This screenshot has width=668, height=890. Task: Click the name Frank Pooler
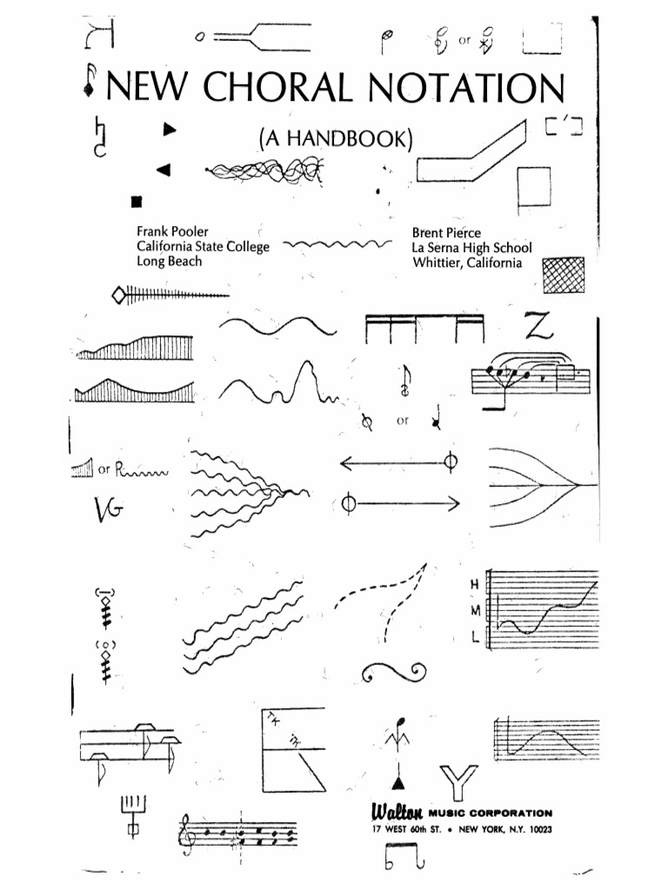pyautogui.click(x=172, y=232)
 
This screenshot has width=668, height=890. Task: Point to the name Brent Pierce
pyautogui.click(x=447, y=232)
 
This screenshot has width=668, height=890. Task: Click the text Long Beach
pyautogui.click(x=169, y=262)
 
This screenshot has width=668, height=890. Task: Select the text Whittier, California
pyautogui.click(x=467, y=262)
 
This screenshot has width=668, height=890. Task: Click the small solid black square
pyautogui.click(x=136, y=203)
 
